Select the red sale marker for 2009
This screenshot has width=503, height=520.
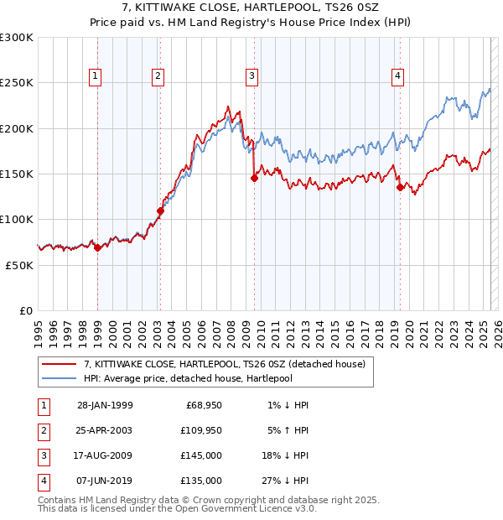pyautogui.click(x=254, y=178)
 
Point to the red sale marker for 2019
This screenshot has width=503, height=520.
pyautogui.click(x=400, y=187)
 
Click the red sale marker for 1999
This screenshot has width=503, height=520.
pyautogui.click(x=97, y=247)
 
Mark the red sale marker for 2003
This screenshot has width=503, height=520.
pyautogui.click(x=160, y=211)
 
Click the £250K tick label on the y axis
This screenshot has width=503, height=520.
pyautogui.click(x=17, y=83)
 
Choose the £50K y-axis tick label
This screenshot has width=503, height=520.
pyautogui.click(x=19, y=265)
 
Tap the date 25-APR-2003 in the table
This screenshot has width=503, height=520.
pyautogui.click(x=105, y=431)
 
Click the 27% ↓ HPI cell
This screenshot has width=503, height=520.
pyautogui.click(x=283, y=481)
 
